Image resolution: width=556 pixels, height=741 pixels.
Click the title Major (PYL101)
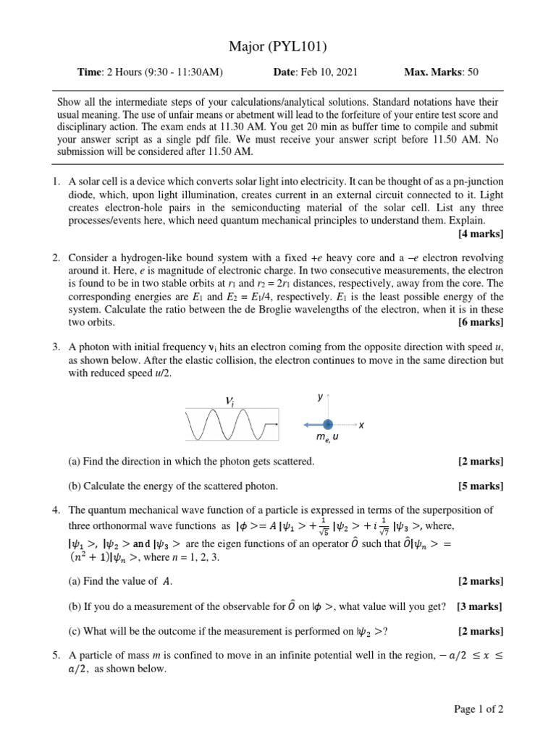pos(278,48)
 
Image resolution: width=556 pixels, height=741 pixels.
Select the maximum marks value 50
pos(473,72)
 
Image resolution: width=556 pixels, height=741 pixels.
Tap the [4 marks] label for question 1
pos(481,234)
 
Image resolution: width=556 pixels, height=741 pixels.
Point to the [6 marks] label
pos(481,322)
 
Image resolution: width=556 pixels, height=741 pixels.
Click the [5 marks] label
pos(481,486)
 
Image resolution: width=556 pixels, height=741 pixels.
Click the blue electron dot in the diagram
pos(328,425)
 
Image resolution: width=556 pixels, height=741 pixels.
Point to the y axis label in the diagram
pos(320,397)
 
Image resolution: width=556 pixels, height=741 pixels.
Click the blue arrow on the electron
pos(313,425)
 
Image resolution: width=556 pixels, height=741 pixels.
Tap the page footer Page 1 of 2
pos(479,709)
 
